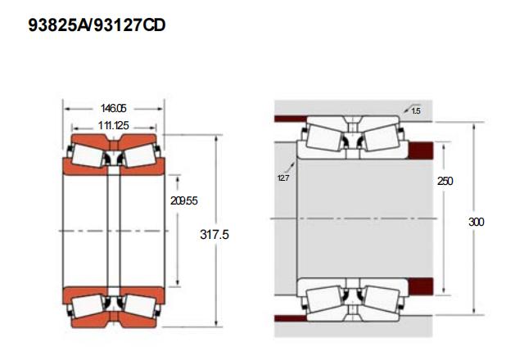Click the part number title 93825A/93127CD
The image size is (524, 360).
pyautogui.click(x=97, y=25)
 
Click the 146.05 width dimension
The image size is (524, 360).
pyautogui.click(x=114, y=108)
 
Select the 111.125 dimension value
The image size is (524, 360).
pyautogui.click(x=114, y=125)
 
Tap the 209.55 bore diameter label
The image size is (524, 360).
pyautogui.click(x=183, y=200)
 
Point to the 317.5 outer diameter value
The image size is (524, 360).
pyautogui.click(x=215, y=235)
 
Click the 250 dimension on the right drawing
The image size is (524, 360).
pyautogui.click(x=445, y=181)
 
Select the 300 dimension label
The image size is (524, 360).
pyautogui.click(x=477, y=222)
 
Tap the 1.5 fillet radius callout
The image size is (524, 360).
pyautogui.click(x=416, y=111)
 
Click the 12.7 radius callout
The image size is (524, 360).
pyautogui.click(x=283, y=178)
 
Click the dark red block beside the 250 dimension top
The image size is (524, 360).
pyautogui.click(x=421, y=151)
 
